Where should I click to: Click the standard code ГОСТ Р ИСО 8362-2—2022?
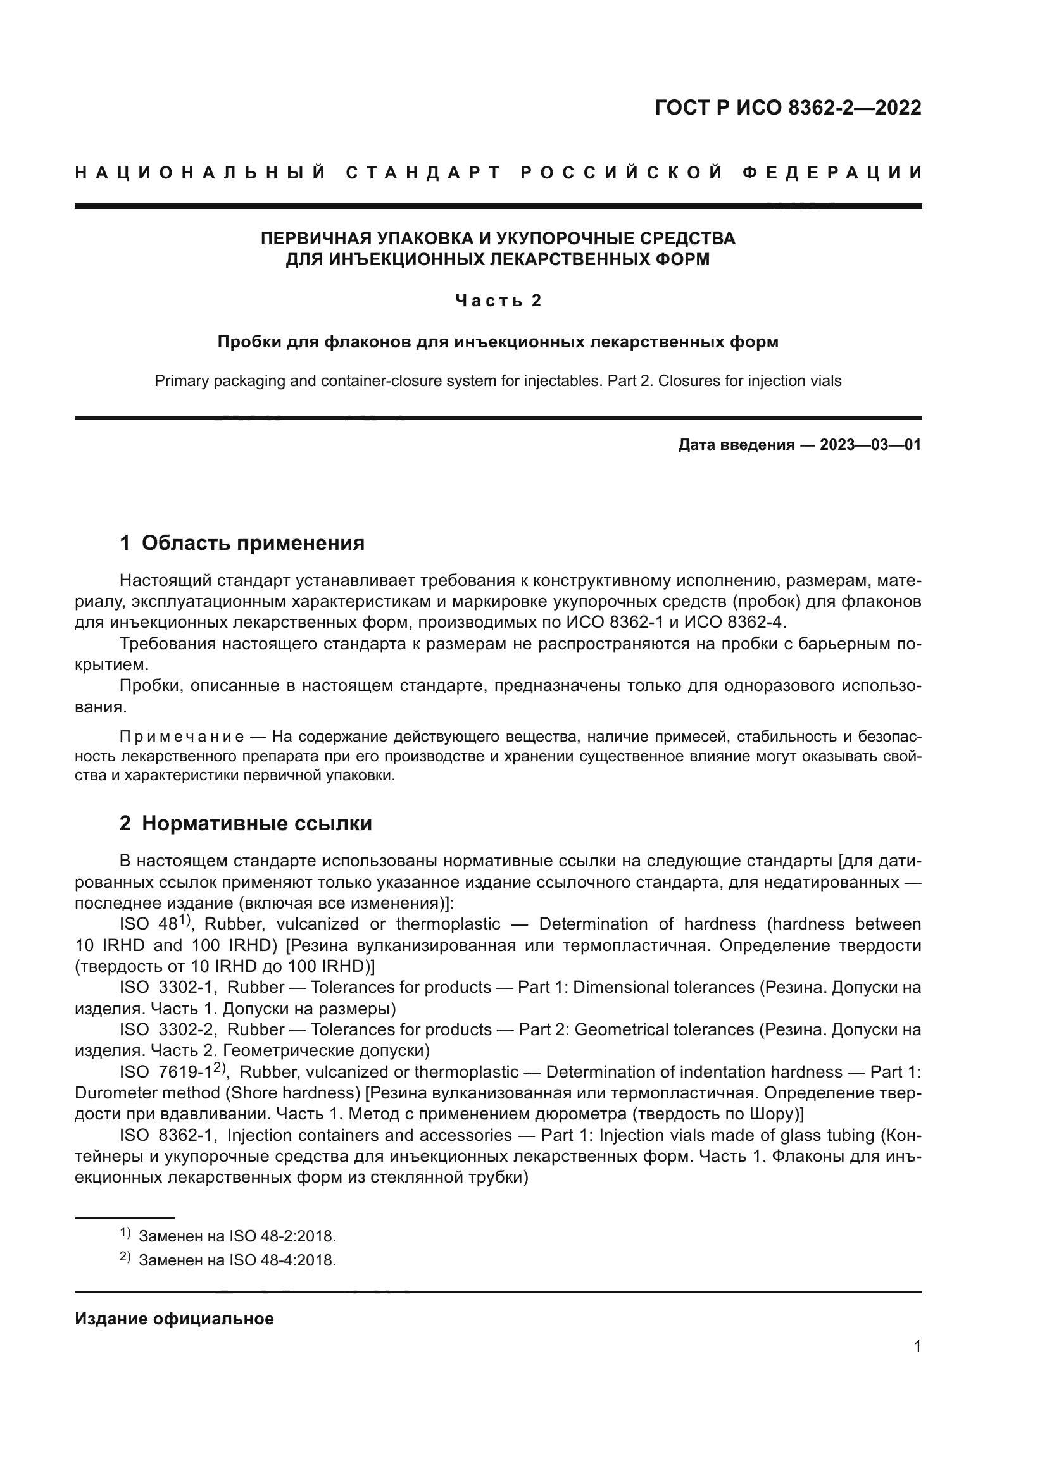788,108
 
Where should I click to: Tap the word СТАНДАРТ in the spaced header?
423,173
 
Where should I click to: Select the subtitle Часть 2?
498,301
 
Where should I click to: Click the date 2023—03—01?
870,445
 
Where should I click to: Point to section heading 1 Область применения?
242,543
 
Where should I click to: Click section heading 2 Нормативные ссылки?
246,823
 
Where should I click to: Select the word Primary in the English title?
181,381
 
